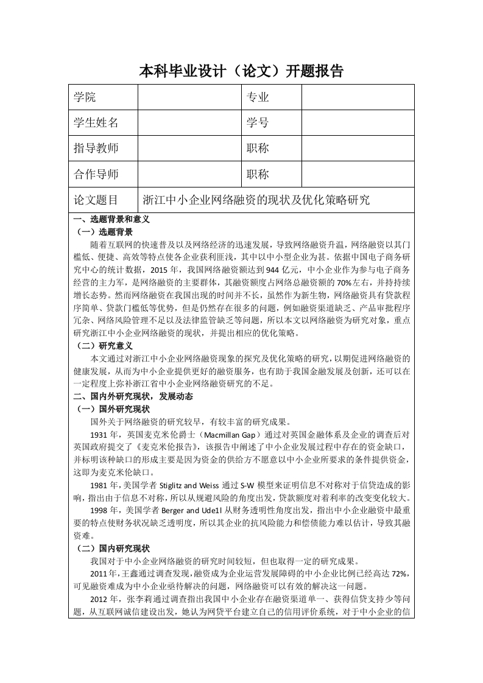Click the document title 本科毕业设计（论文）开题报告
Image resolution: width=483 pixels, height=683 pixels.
click(x=241, y=72)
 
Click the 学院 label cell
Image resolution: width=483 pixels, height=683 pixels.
click(x=85, y=97)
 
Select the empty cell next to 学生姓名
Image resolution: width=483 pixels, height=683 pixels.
click(x=190, y=122)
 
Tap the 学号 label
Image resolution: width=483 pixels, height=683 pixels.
click(x=258, y=122)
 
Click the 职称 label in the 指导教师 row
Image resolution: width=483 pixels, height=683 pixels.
click(x=258, y=148)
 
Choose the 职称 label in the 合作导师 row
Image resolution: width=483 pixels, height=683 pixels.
click(x=258, y=174)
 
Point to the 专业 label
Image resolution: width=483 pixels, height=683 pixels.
click(x=258, y=97)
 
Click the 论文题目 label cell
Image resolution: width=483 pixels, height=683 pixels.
click(x=97, y=200)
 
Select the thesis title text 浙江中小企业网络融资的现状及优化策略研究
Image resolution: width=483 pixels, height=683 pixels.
click(x=256, y=200)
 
